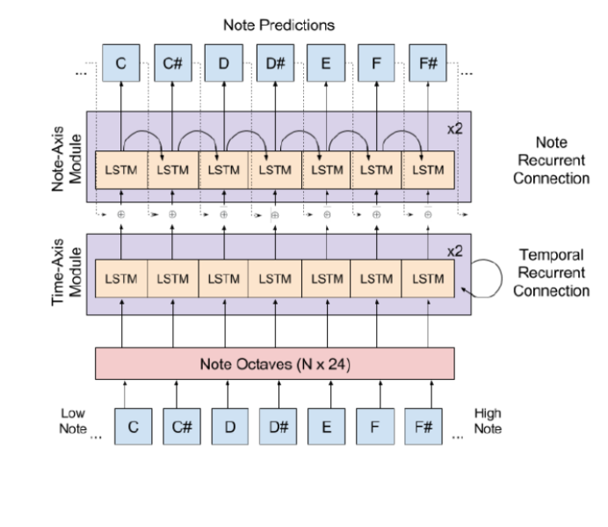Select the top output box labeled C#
(x=171, y=63)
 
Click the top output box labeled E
(x=325, y=63)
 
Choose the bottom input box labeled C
(x=134, y=428)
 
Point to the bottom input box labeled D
(x=230, y=428)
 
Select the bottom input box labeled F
(x=375, y=428)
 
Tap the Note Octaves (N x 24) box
(x=274, y=362)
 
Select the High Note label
(x=486, y=419)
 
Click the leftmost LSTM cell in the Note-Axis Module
(x=120, y=168)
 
